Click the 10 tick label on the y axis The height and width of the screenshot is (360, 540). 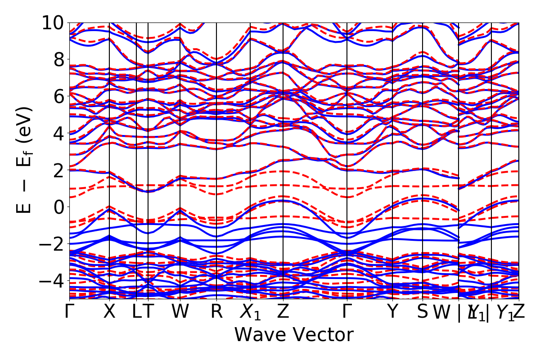(x=53, y=22)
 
